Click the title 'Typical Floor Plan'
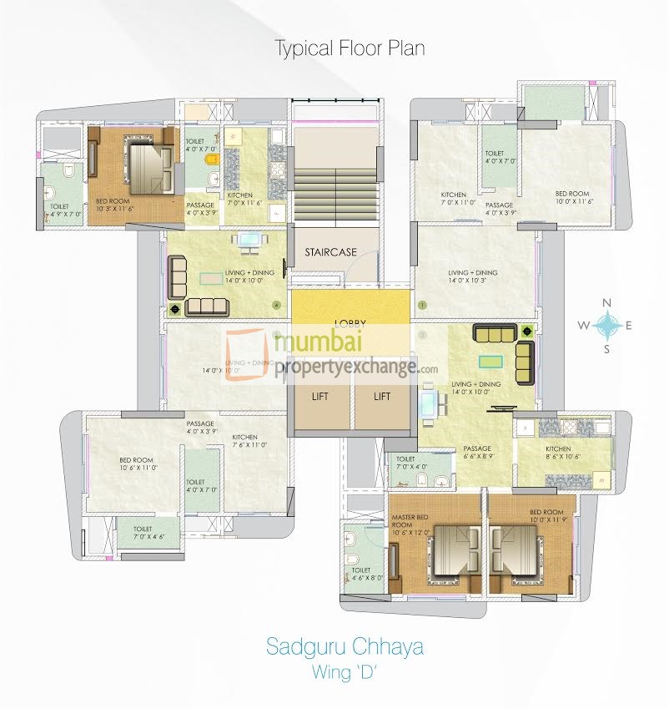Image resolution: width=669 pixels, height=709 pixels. [350, 48]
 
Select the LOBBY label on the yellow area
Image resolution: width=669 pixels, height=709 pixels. [351, 322]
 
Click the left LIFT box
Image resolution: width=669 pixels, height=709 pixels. [319, 397]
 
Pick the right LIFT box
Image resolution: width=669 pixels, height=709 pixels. [382, 397]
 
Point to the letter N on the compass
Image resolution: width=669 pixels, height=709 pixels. [607, 302]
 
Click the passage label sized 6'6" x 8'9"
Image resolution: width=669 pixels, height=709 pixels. [478, 452]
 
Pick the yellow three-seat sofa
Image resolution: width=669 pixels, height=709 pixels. [494, 333]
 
